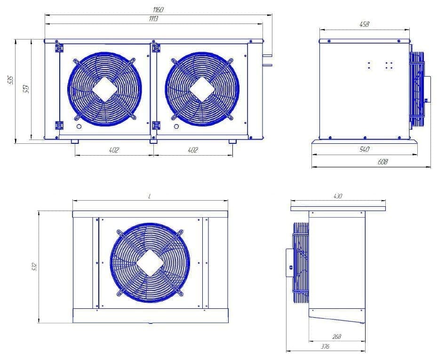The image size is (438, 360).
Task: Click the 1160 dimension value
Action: pyautogui.click(x=158, y=9)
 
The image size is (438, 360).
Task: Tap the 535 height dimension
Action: pyautogui.click(x=10, y=80)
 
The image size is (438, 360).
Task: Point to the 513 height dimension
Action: pyautogui.click(x=26, y=89)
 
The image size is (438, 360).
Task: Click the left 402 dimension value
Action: pyautogui.click(x=114, y=150)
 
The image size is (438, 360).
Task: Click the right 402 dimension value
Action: pyautogui.click(x=193, y=150)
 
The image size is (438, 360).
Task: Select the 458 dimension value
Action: pyautogui.click(x=364, y=24)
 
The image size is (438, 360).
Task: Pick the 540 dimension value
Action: pyautogui.click(x=364, y=149)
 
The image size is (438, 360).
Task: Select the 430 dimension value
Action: pyautogui.click(x=338, y=196)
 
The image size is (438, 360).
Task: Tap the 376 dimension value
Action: pyautogui.click(x=325, y=346)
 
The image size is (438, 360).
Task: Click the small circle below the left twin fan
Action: pyautogui.click(x=79, y=127)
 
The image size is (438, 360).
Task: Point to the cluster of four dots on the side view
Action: pyautogui.click(x=389, y=65)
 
